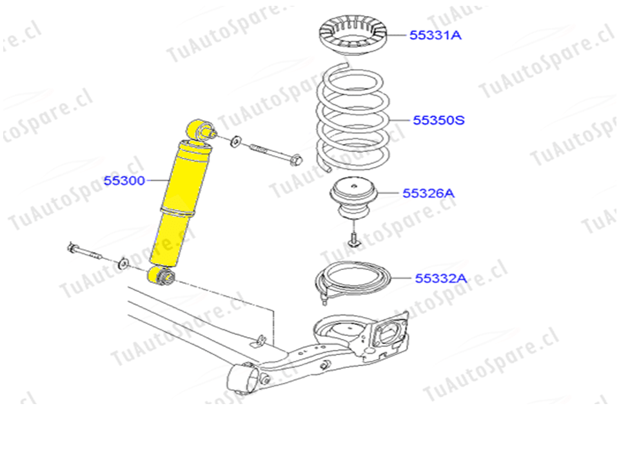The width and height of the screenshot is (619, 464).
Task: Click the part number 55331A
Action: (435, 35)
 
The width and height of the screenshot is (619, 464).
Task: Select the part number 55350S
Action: (438, 120)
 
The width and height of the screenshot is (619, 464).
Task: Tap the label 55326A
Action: (428, 193)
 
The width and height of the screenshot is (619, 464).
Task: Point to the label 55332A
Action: (440, 278)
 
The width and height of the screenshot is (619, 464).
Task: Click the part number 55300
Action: (124, 180)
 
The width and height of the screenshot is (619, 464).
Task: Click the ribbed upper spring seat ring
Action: (353, 34)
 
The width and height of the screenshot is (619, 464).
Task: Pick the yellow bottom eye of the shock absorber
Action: (161, 275)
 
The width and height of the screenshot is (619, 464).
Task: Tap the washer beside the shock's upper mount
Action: (236, 141)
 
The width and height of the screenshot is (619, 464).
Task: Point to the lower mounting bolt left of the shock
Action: (84, 251)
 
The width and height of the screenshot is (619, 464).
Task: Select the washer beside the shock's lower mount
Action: (124, 263)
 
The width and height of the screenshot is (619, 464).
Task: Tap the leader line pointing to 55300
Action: (158, 180)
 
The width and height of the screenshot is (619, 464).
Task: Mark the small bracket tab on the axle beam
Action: (260, 340)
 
